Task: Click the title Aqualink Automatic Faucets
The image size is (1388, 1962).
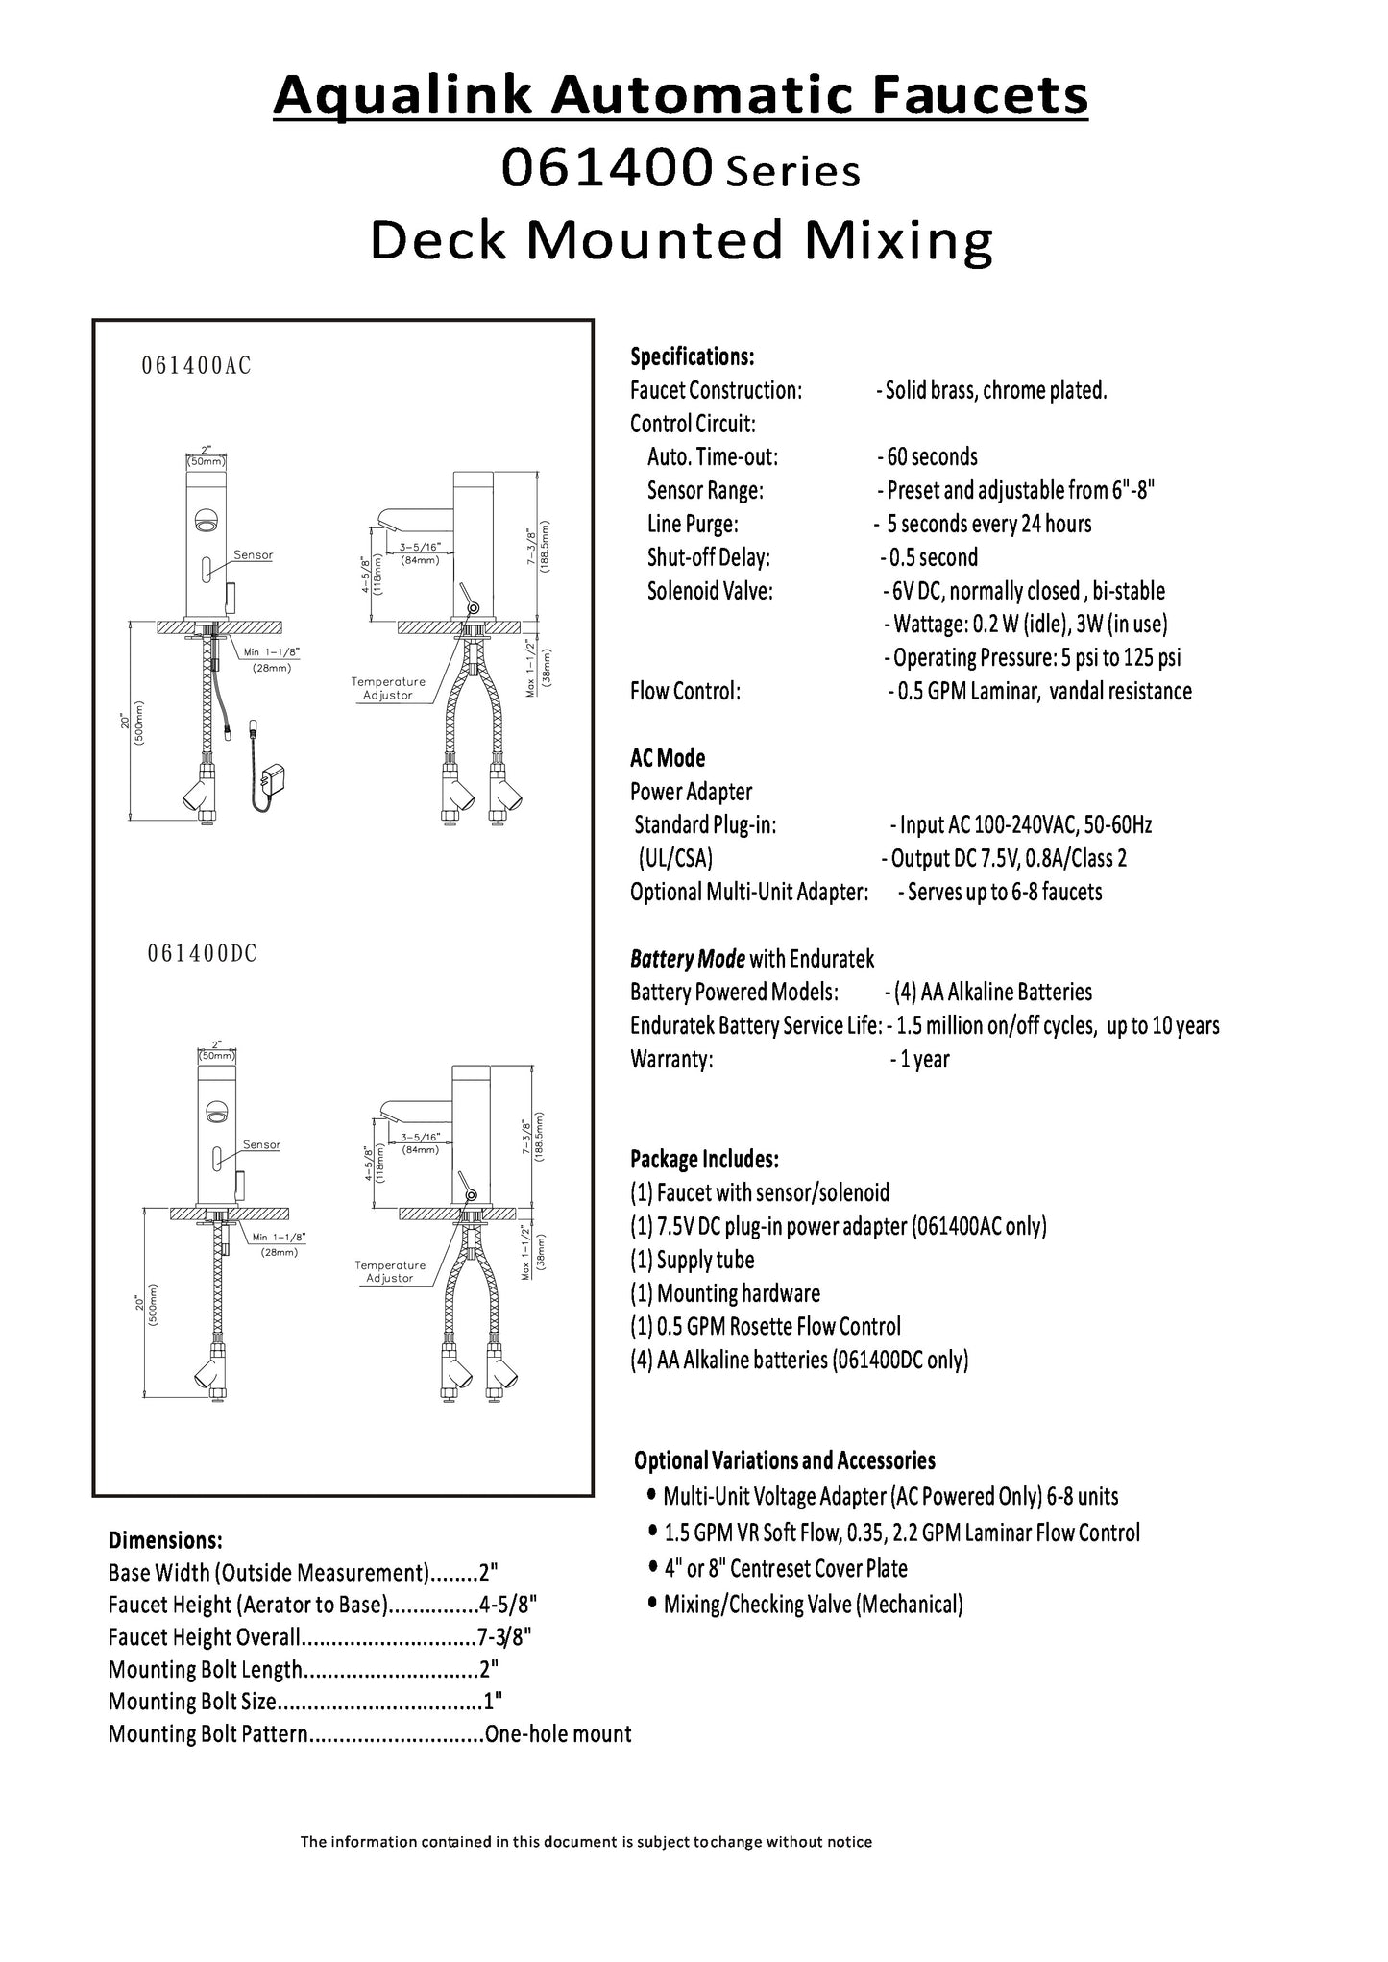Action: click(680, 96)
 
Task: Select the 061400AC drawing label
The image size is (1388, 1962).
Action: click(196, 366)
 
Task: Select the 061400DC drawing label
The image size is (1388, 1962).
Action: click(202, 953)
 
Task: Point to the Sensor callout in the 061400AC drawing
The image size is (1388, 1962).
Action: click(253, 555)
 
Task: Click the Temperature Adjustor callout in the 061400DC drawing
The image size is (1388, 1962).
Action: click(390, 1271)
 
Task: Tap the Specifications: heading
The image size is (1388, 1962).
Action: click(692, 357)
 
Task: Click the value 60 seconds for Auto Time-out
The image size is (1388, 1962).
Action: click(930, 456)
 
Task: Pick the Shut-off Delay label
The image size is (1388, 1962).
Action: click(708, 557)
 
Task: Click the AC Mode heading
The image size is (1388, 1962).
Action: click(668, 758)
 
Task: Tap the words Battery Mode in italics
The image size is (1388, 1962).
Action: click(688, 959)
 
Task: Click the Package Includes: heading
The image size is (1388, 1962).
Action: click(704, 1159)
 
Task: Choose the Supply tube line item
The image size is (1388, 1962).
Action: click(692, 1260)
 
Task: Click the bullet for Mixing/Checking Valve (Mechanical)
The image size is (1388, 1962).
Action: click(653, 1603)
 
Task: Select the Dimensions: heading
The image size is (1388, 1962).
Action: click(165, 1541)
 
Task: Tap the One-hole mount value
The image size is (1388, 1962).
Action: click(558, 1734)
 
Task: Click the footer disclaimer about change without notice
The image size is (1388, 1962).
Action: click(586, 1842)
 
